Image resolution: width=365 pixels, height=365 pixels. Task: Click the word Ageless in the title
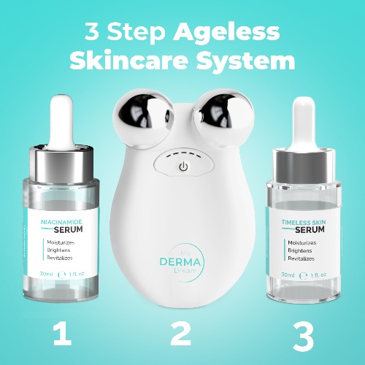click(x=226, y=32)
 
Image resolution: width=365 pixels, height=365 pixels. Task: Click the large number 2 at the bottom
click(x=181, y=333)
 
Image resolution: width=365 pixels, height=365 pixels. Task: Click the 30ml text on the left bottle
click(x=48, y=274)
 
